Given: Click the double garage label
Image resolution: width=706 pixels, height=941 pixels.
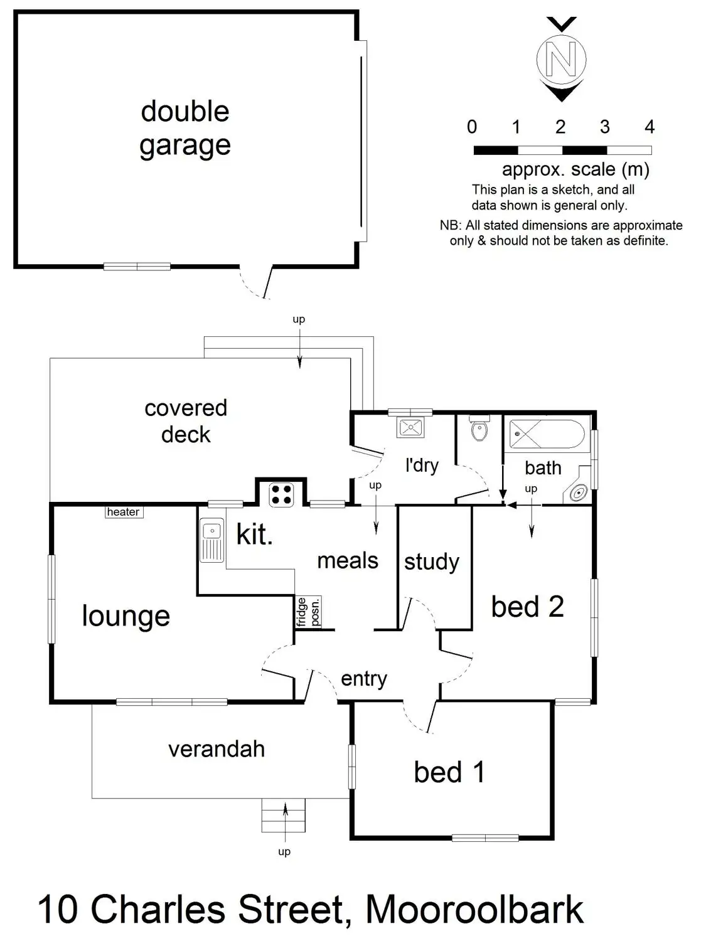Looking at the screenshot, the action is pos(185,129).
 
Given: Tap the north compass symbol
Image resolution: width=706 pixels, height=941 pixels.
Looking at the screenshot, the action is pos(562,59).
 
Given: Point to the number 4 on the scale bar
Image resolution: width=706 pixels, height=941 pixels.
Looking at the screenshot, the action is pos(650,127).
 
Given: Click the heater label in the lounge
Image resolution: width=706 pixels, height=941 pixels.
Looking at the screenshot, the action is pos(124,512).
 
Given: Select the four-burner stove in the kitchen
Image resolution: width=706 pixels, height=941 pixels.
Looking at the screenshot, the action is pos(281,494).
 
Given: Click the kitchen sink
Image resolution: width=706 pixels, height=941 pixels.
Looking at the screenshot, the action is pos(211,540).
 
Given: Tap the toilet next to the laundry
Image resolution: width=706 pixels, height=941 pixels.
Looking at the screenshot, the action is pos(479,428).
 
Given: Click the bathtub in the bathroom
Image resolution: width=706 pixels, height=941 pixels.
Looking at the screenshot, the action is pos(547,434).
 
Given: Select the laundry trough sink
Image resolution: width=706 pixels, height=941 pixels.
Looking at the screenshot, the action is pos(411,427).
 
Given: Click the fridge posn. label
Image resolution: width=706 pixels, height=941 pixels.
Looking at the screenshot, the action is pos(308,612).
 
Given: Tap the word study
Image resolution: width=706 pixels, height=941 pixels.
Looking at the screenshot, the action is pos(432,562).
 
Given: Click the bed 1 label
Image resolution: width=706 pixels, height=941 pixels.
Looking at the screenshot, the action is pos(449,772).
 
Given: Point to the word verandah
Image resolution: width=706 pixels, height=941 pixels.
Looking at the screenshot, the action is pos(217,750).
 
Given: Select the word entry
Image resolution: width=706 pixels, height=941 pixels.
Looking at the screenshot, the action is pos(364,679).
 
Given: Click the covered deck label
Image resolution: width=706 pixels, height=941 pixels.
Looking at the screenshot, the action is pos(186,421).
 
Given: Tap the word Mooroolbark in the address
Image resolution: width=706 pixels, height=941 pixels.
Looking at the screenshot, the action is pos(474,910).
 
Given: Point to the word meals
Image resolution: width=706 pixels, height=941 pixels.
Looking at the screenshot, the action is pos(348,561).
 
